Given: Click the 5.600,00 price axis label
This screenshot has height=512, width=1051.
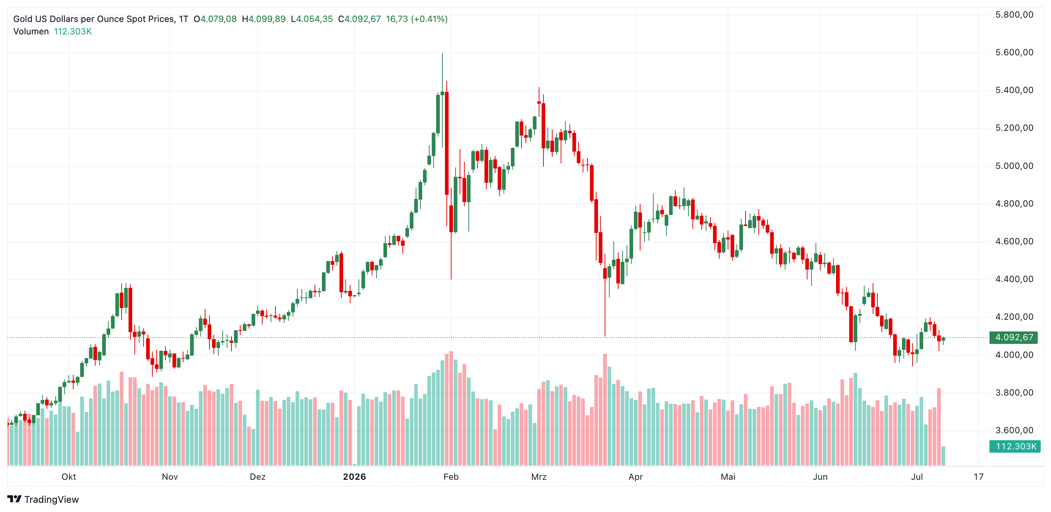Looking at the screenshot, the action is click(1014, 52).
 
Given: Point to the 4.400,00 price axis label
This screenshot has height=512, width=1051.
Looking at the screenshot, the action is click(1014, 279).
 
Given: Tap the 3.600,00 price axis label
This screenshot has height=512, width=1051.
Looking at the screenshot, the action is click(1014, 430).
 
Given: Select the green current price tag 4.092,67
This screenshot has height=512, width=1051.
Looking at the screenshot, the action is click(1014, 337).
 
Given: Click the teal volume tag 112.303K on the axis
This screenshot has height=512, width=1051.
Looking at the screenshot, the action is click(1015, 446).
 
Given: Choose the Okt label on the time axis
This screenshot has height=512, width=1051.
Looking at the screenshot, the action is click(68, 476).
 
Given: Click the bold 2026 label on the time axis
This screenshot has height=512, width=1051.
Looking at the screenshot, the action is click(354, 476).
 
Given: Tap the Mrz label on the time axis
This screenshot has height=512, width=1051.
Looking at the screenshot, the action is click(539, 476).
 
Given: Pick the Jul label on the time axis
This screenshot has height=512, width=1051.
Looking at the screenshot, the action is click(917, 476).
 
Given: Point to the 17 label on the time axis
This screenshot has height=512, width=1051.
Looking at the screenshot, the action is click(978, 476).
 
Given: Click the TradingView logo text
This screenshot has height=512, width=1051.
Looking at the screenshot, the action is click(51, 499).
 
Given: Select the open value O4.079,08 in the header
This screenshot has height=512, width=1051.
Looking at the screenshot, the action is click(215, 19).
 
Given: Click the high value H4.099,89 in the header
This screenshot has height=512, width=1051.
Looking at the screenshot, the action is click(264, 19).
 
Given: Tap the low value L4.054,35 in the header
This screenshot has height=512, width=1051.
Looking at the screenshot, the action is click(312, 19).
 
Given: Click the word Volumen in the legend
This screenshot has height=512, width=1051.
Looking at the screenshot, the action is click(31, 31).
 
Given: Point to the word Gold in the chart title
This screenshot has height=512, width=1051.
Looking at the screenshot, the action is click(22, 19).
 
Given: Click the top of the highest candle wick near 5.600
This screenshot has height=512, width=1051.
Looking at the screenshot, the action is click(442, 53).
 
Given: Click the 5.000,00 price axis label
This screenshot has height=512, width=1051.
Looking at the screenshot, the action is click(1014, 166).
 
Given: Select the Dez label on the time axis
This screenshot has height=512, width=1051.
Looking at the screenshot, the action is click(257, 476).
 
